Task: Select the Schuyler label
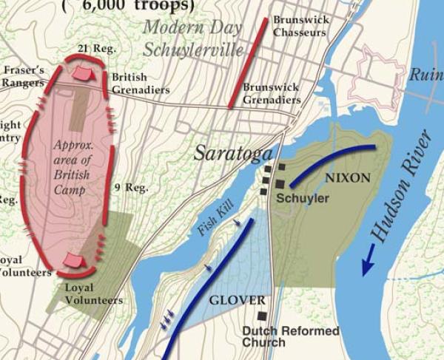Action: click(303, 199)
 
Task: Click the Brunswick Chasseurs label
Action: click(301, 27)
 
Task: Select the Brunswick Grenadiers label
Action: click(272, 93)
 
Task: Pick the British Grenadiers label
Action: click(140, 83)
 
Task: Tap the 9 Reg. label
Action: click(132, 188)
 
